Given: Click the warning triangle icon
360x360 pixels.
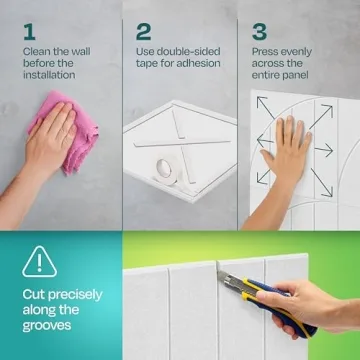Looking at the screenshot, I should [36, 263].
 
